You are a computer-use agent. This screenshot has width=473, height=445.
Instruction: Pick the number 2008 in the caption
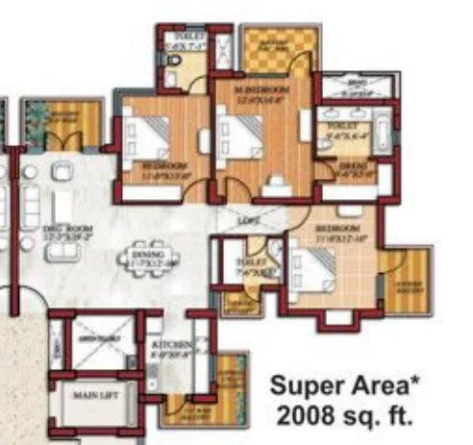pos(307,417)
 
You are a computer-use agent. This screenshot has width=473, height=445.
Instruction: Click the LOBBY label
pos(248,220)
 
